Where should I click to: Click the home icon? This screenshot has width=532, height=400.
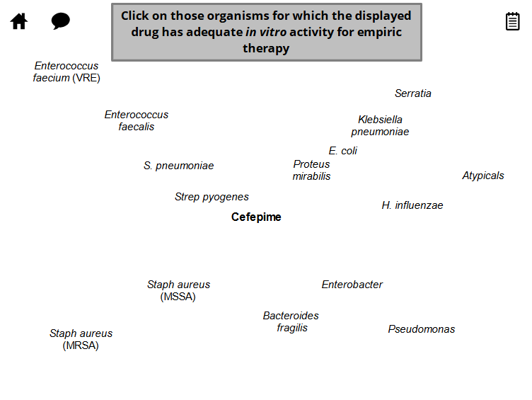pyautogui.click(x=19, y=21)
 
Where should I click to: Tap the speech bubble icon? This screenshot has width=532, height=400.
pyautogui.click(x=61, y=21)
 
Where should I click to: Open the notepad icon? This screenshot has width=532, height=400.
pyautogui.click(x=512, y=21)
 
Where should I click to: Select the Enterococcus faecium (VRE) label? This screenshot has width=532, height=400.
pyautogui.click(x=66, y=72)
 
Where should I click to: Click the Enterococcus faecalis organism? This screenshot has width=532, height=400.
pyautogui.click(x=137, y=120)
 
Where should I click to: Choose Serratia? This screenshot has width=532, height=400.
pyautogui.click(x=413, y=93)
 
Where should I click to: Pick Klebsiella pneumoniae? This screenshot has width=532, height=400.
pyautogui.click(x=380, y=125)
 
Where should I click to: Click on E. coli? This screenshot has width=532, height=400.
pyautogui.click(x=343, y=151)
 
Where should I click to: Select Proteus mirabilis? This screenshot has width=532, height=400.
pyautogui.click(x=311, y=170)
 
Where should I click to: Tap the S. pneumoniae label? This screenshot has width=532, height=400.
pyautogui.click(x=178, y=166)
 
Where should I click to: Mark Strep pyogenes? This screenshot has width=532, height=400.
pyautogui.click(x=212, y=197)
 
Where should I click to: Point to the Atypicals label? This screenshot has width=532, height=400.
pyautogui.click(x=483, y=176)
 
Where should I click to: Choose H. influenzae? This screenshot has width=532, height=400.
pyautogui.click(x=412, y=205)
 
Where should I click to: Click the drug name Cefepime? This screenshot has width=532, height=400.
pyautogui.click(x=256, y=217)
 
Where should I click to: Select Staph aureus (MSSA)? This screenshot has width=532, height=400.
pyautogui.click(x=178, y=290)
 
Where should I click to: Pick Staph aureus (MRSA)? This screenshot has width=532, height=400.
pyautogui.click(x=81, y=339)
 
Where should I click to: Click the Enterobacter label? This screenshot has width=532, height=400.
pyautogui.click(x=352, y=285)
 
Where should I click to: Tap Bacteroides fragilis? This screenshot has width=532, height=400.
pyautogui.click(x=291, y=321)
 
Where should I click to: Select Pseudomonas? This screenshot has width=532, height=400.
pyautogui.click(x=422, y=329)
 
